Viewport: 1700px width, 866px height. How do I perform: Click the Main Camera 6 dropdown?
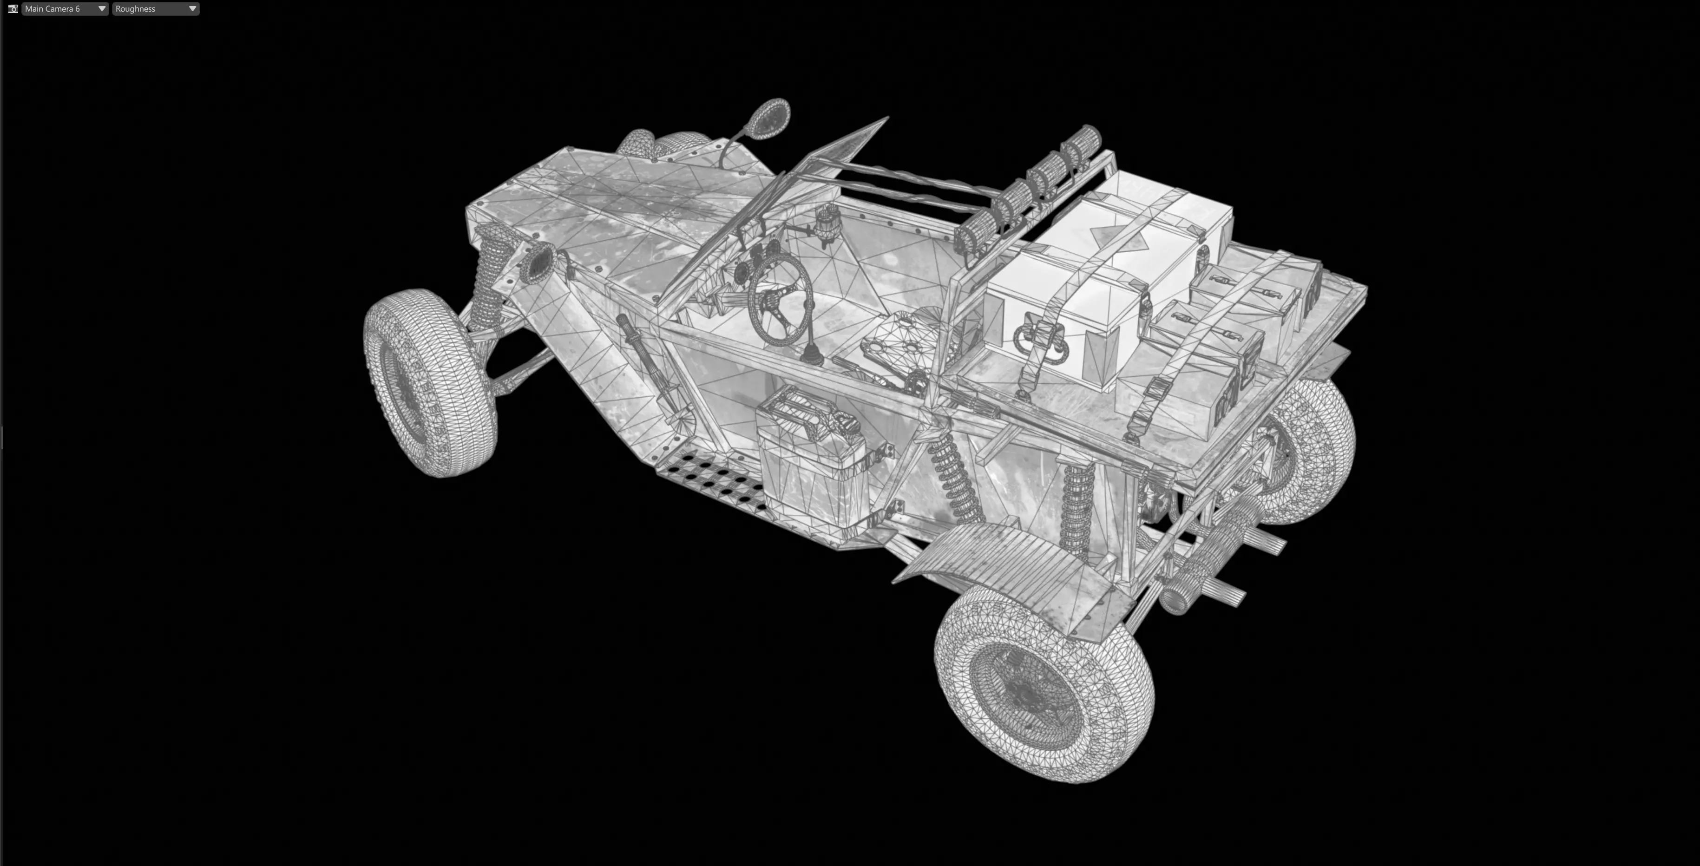pos(64,8)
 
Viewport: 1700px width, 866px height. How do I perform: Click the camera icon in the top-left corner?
pos(13,8)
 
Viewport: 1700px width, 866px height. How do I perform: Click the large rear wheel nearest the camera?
pos(1043,687)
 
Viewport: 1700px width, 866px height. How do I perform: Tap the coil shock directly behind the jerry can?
pos(950,475)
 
